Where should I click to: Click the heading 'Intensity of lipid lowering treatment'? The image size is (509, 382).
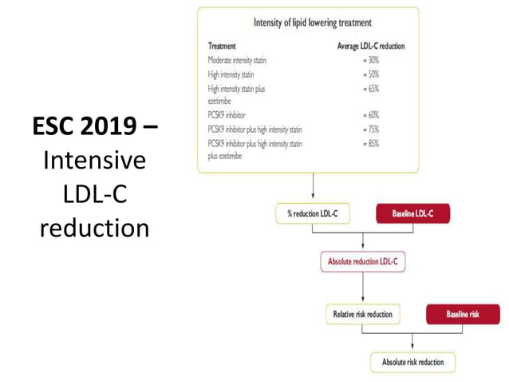[312, 22]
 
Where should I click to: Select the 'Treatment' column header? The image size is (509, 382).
[222, 46]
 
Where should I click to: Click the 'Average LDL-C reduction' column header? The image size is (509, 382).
[371, 46]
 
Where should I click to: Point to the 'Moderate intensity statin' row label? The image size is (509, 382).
[239, 60]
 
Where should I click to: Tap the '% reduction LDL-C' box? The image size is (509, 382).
[312, 214]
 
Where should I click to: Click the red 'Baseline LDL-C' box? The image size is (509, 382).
[412, 214]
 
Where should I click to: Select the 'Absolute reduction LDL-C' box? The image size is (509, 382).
[362, 261]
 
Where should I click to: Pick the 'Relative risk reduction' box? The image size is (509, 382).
[363, 314]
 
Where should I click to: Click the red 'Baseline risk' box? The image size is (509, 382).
[463, 314]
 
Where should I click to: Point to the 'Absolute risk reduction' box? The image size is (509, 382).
[412, 362]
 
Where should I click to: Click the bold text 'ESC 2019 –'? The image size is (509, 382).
[95, 126]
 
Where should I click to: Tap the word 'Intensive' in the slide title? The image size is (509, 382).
[95, 161]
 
